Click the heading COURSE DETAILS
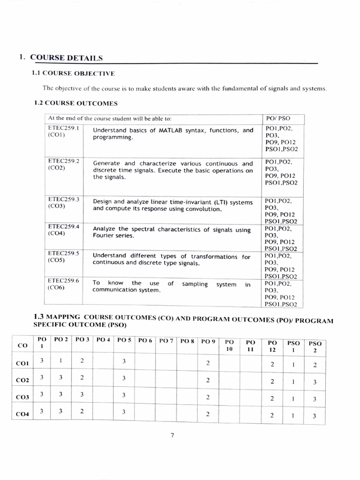pyautogui.click(x=66, y=58)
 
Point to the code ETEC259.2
pyautogui.click(x=63, y=160)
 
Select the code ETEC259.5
pyautogui.click(x=63, y=253)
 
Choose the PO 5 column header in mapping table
pyautogui.click(x=124, y=339)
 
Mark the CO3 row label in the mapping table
pyautogui.click(x=22, y=397)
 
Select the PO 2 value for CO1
pyautogui.click(x=61, y=360)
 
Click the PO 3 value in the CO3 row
pyautogui.click(x=82, y=395)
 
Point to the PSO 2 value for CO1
pyautogui.click(x=315, y=365)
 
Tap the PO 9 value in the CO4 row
pyautogui.click(x=208, y=414)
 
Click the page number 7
pyautogui.click(x=172, y=435)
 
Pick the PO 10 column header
pyautogui.click(x=229, y=346)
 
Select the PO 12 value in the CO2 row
pyautogui.click(x=272, y=381)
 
